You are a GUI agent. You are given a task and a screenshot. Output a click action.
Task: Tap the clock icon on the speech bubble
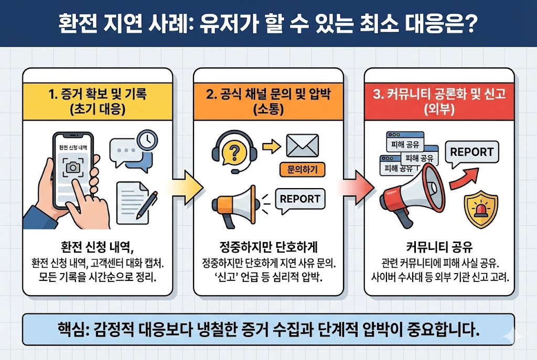(x=147, y=139)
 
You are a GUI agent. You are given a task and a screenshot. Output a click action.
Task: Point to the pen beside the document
(x=147, y=205)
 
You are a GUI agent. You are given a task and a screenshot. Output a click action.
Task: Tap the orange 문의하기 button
(x=303, y=169)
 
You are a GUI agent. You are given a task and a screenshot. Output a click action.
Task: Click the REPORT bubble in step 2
(x=300, y=200)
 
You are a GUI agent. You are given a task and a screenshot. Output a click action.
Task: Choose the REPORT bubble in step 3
(x=471, y=152)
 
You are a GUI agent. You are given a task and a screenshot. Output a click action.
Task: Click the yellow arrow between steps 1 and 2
(x=184, y=186)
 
